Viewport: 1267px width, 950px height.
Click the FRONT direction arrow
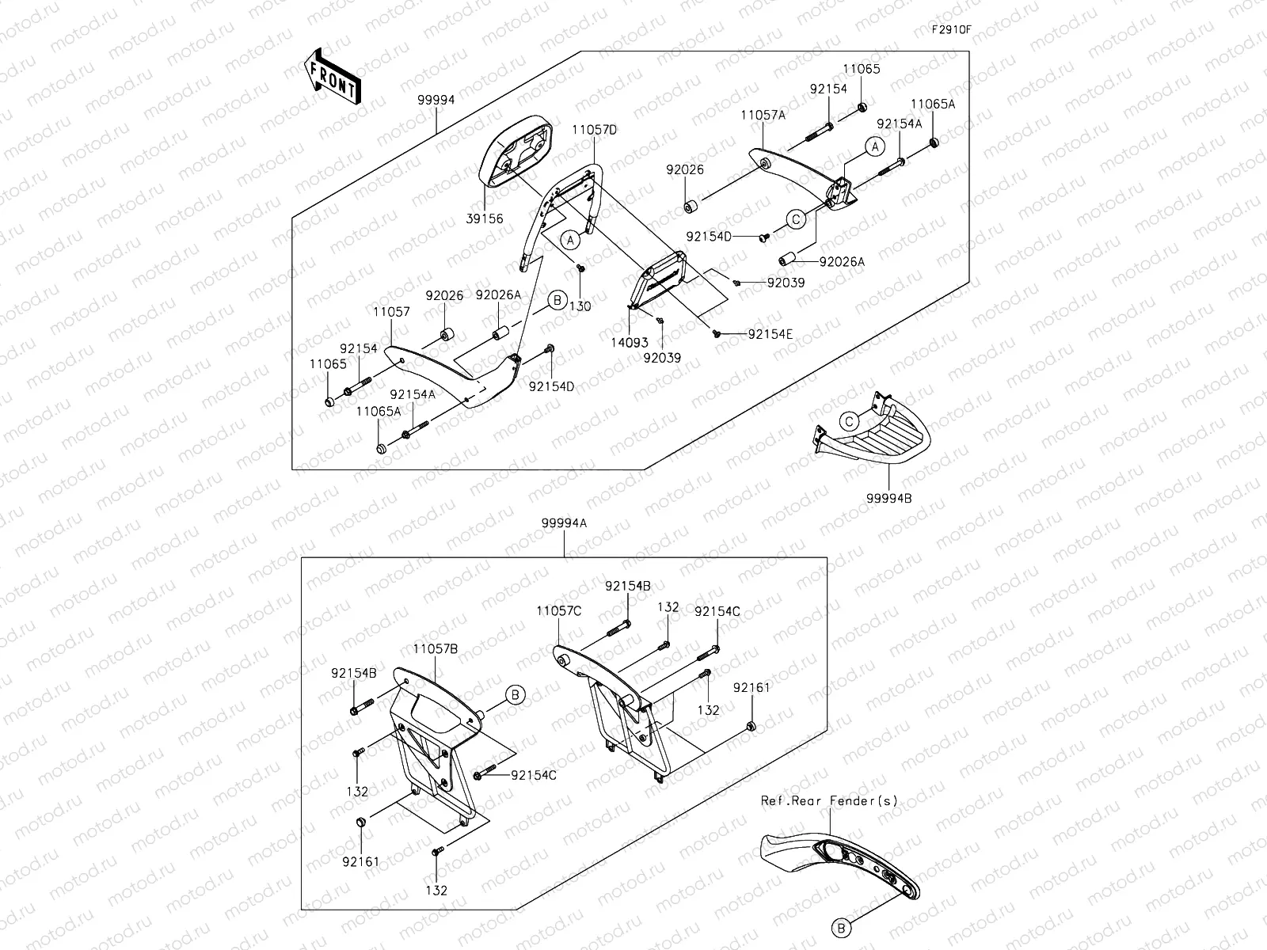click(x=332, y=76)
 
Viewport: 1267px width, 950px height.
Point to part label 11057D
click(x=596, y=128)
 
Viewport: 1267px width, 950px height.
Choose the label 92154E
click(x=770, y=334)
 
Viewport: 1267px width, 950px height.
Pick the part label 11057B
click(x=435, y=648)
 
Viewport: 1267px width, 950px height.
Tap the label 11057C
click(x=558, y=610)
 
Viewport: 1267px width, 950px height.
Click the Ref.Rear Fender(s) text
click(x=829, y=800)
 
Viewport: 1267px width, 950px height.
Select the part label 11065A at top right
click(x=932, y=104)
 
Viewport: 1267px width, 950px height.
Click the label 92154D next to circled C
click(x=709, y=236)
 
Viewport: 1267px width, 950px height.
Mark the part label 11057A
click(x=763, y=115)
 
